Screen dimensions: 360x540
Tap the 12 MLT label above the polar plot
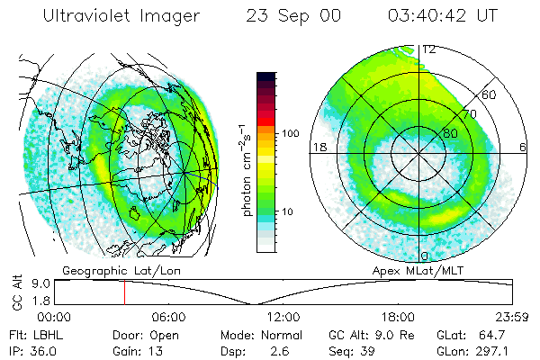coord(429,50)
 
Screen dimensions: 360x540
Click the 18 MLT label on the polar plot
coord(317,147)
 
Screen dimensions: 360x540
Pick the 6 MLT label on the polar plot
coord(523,147)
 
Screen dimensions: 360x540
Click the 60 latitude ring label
coord(490,94)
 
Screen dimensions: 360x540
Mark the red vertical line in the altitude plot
coord(124,292)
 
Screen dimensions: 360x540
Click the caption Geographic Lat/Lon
coord(112,270)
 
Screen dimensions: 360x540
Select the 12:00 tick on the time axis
coord(284,317)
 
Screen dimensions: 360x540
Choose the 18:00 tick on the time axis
coord(399,317)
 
